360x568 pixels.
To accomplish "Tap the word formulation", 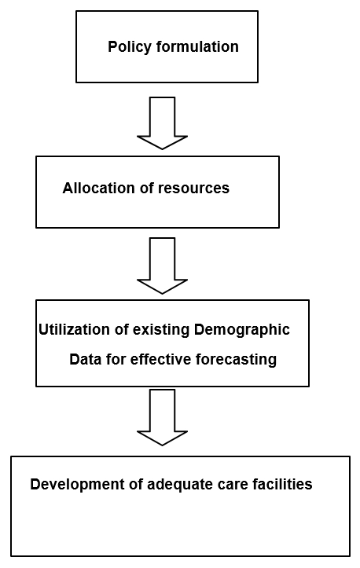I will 195,47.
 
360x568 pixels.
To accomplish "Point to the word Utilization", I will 71,330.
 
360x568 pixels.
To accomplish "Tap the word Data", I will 84,360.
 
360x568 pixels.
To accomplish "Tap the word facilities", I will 280,485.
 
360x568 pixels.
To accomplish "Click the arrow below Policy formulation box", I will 162,123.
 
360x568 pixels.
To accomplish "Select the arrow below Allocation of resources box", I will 162,265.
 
